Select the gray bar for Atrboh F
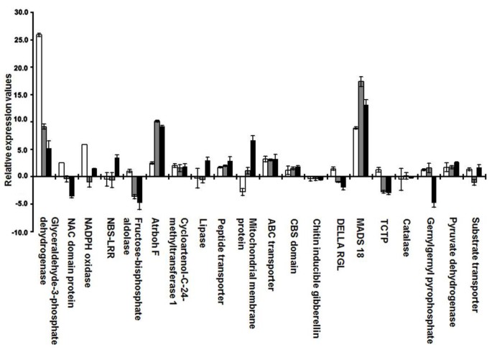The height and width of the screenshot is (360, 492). (x=157, y=148)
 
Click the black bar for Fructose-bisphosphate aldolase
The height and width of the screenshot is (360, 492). (x=140, y=190)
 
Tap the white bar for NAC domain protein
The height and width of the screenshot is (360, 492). (x=62, y=170)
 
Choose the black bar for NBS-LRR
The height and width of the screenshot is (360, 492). (x=117, y=166)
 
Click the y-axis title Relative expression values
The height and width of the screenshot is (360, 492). (x=6, y=123)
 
